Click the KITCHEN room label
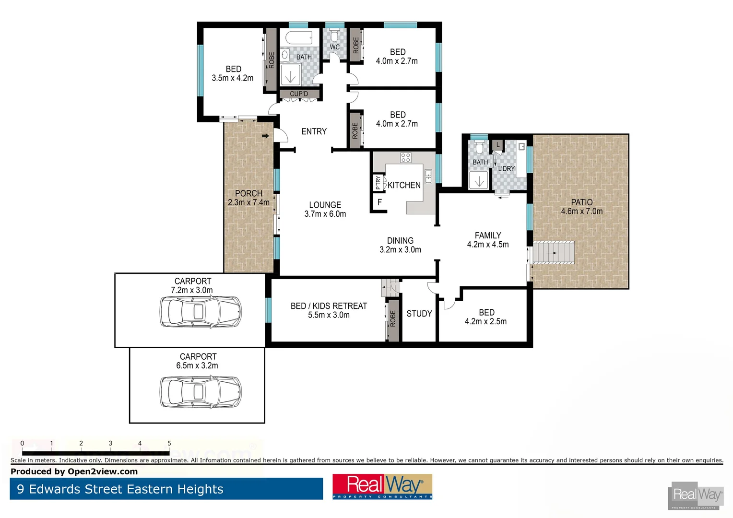[x=404, y=185]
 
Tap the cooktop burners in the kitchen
[x=405, y=157]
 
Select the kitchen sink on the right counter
[x=428, y=177]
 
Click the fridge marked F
[x=379, y=202]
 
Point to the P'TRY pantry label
[x=378, y=182]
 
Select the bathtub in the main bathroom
[x=296, y=37]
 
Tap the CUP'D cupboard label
[x=299, y=94]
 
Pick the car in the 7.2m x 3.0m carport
[x=200, y=311]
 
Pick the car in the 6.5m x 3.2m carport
[x=200, y=391]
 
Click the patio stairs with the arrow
[x=554, y=252]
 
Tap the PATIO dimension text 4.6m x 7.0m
[x=581, y=211]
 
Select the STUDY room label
[x=419, y=314]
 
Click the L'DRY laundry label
[x=506, y=169]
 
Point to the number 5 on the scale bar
[x=169, y=443]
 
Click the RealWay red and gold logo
[x=382, y=486]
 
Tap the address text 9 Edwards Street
[x=120, y=489]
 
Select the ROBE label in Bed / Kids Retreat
[x=393, y=318]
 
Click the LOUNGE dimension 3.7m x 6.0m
[x=325, y=214]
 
